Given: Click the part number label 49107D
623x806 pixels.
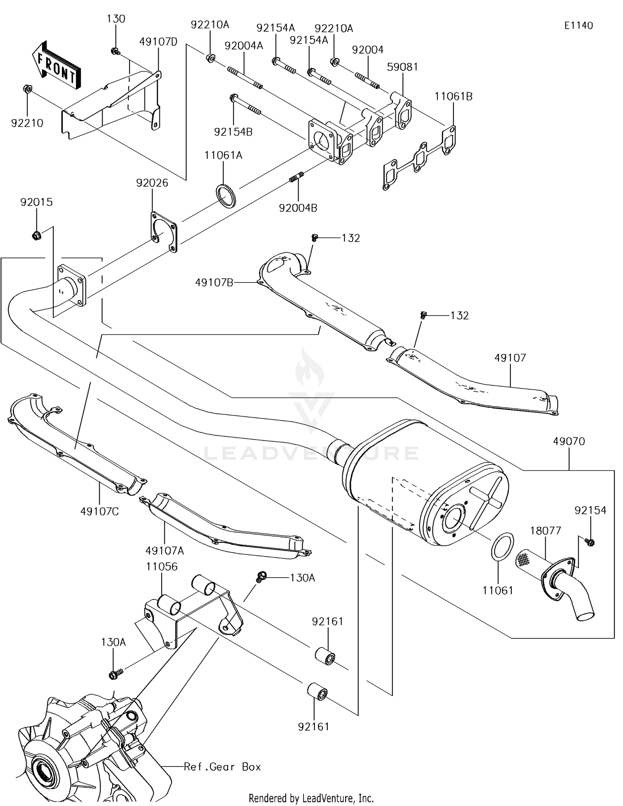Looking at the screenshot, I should click(x=158, y=42).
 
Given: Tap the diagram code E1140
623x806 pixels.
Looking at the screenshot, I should click(x=579, y=25).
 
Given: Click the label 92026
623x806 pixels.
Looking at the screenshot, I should click(x=152, y=183).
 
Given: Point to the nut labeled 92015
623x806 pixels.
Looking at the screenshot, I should click(x=37, y=236).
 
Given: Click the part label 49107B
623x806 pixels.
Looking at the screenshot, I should click(x=214, y=283).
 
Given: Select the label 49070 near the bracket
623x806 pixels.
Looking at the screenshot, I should click(x=569, y=441).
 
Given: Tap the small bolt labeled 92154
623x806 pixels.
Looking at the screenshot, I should click(x=589, y=542).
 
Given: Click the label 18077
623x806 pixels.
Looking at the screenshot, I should click(x=545, y=531).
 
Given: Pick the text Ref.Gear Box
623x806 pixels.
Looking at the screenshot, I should click(x=223, y=766).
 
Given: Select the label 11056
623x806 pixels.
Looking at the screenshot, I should click(x=162, y=566).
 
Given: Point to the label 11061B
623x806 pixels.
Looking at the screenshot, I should click(x=454, y=96).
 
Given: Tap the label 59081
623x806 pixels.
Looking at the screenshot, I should click(x=402, y=67).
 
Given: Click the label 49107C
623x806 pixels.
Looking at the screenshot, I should click(x=100, y=511).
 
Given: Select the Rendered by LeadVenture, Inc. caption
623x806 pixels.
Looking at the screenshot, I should click(x=311, y=798).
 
